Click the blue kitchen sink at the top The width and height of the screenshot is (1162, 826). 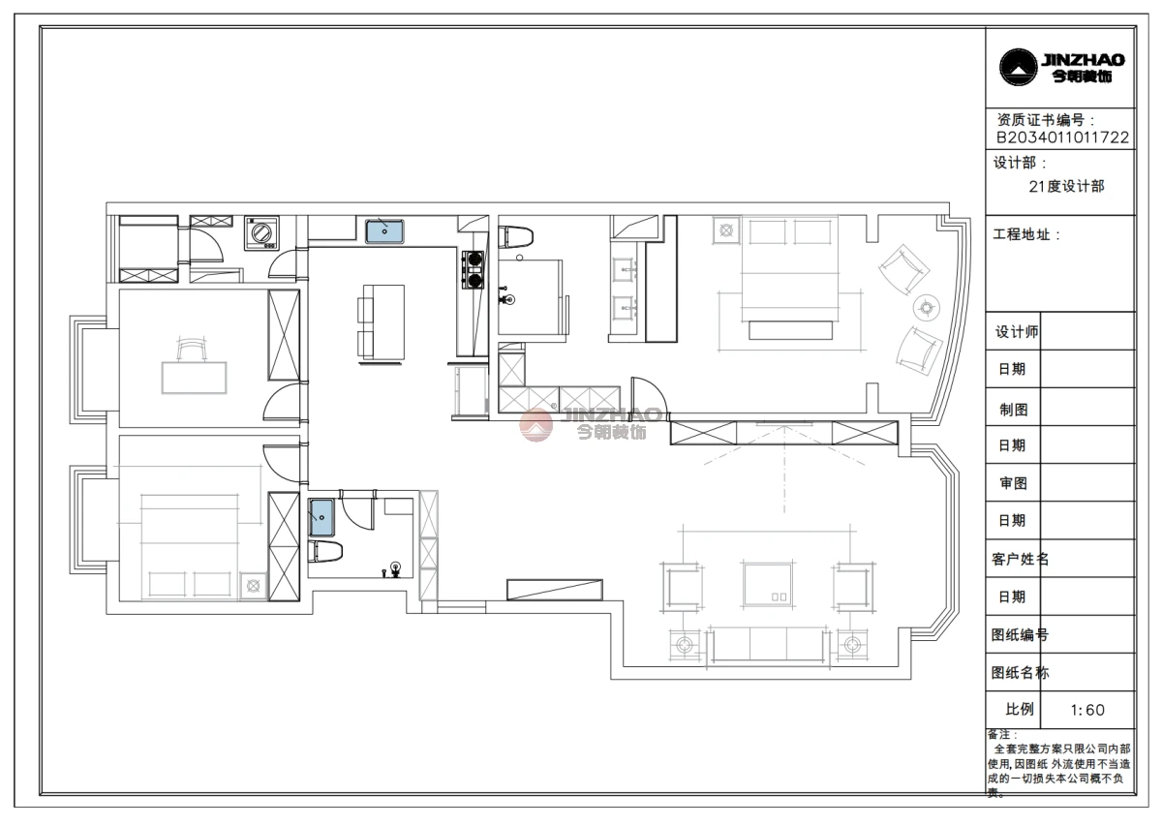[x=384, y=231]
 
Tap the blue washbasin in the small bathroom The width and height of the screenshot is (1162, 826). [x=321, y=517]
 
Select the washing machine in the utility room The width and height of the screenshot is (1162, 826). [x=262, y=233]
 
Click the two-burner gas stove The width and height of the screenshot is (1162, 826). [x=474, y=270]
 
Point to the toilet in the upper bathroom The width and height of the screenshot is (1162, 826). [x=515, y=236]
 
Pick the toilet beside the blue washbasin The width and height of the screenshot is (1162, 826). [x=324, y=552]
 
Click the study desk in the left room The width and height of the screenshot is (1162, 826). [x=194, y=378]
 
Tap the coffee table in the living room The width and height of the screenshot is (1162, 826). [x=768, y=584]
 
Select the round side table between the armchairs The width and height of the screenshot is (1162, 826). [x=927, y=309]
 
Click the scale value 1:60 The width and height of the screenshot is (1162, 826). [x=1087, y=709]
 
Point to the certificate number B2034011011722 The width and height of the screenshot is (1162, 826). [x=1062, y=138]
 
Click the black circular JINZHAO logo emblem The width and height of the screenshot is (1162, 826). [x=1019, y=67]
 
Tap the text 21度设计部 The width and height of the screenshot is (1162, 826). [x=1066, y=186]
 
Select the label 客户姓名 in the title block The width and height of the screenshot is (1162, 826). [x=1020, y=559]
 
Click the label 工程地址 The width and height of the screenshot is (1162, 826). [x=1025, y=234]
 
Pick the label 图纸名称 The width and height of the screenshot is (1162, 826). [x=1020, y=672]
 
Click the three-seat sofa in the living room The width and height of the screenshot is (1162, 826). [x=768, y=645]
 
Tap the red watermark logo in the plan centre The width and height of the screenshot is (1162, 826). [x=535, y=424]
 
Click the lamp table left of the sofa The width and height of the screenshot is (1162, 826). [x=685, y=646]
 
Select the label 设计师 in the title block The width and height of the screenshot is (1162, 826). [x=1017, y=332]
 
